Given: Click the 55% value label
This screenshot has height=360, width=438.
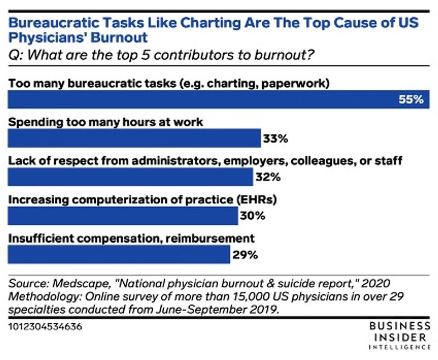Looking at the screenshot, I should click(x=411, y=100).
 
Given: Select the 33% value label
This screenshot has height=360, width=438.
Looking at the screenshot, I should click(x=275, y=139).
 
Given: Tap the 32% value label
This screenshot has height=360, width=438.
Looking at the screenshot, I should click(x=268, y=178).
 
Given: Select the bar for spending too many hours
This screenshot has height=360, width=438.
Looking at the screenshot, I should click(x=134, y=139).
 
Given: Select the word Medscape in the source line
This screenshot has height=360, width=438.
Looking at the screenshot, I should click(x=71, y=283).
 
